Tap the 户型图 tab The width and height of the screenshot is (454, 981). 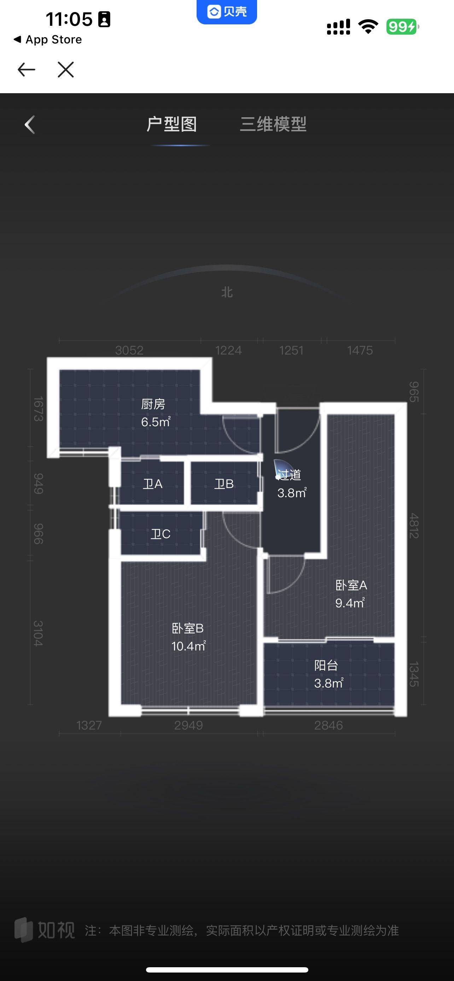pyautogui.click(x=171, y=124)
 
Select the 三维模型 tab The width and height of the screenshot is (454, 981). pyautogui.click(x=273, y=124)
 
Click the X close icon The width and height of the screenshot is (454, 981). pyautogui.click(x=65, y=69)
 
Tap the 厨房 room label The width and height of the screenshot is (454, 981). pyautogui.click(x=153, y=404)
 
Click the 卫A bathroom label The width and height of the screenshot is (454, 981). pyautogui.click(x=152, y=484)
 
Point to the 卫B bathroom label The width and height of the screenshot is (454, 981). pyautogui.click(x=224, y=484)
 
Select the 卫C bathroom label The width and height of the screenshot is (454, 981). pyautogui.click(x=161, y=534)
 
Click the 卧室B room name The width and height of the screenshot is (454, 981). pyautogui.click(x=187, y=628)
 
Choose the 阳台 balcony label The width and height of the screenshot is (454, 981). pyautogui.click(x=326, y=665)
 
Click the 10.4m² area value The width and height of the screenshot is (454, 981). pyautogui.click(x=189, y=646)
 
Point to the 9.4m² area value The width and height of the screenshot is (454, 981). pyautogui.click(x=350, y=603)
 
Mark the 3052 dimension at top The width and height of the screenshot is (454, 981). pyautogui.click(x=129, y=350)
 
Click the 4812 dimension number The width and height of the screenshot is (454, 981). pyautogui.click(x=414, y=525)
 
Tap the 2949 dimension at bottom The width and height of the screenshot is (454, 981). pyautogui.click(x=188, y=725)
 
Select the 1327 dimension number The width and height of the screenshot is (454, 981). pyautogui.click(x=89, y=725)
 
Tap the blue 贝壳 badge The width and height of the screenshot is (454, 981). pyautogui.click(x=227, y=11)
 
